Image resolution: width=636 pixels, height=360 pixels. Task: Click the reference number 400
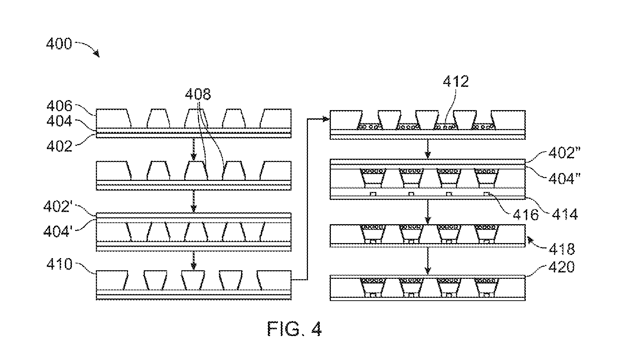pos(59,44)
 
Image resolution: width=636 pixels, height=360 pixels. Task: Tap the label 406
pos(59,106)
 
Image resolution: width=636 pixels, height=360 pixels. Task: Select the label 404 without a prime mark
pos(59,122)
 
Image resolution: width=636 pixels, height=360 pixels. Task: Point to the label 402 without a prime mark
pos(59,146)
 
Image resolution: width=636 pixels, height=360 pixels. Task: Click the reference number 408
pos(198,94)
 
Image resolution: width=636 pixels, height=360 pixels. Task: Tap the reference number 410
pos(59,265)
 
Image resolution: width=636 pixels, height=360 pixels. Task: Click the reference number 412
pos(455,82)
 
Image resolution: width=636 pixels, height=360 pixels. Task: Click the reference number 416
pos(526,214)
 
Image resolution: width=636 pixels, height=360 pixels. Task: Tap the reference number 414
pos(564,214)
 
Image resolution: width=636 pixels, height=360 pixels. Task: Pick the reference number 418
pos(561,248)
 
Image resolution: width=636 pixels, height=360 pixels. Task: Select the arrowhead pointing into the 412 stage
pos(326,118)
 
